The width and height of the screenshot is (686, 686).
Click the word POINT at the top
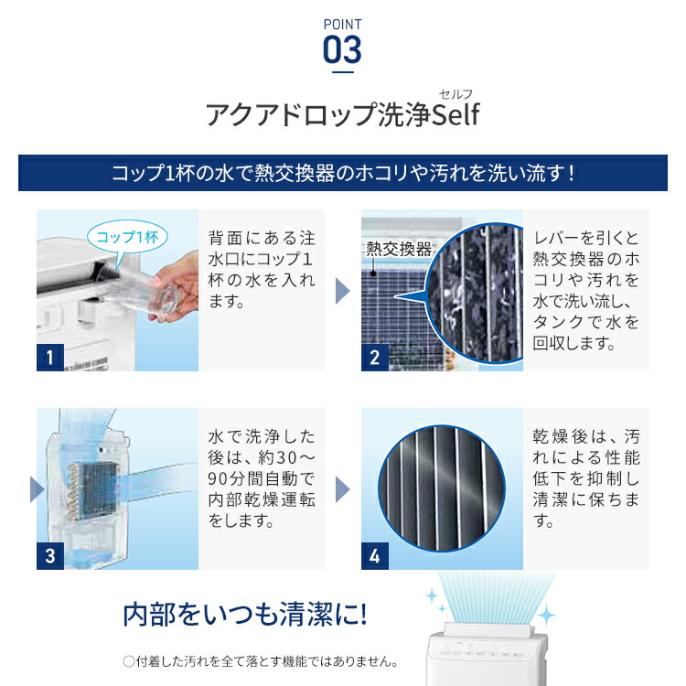coord(343,24)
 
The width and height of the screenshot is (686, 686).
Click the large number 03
coord(343,49)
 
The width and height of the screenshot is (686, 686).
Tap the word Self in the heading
coord(455,116)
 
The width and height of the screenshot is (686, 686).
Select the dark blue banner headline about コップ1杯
coord(343,173)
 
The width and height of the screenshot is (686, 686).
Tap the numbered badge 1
coord(51,357)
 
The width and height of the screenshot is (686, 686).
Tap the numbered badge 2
coord(375,357)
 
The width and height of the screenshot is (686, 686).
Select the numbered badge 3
coord(51,555)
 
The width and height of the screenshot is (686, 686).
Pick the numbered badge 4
coord(375,555)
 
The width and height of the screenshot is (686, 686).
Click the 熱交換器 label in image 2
coord(398,249)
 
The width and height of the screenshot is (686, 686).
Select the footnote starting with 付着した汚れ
coord(261,660)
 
